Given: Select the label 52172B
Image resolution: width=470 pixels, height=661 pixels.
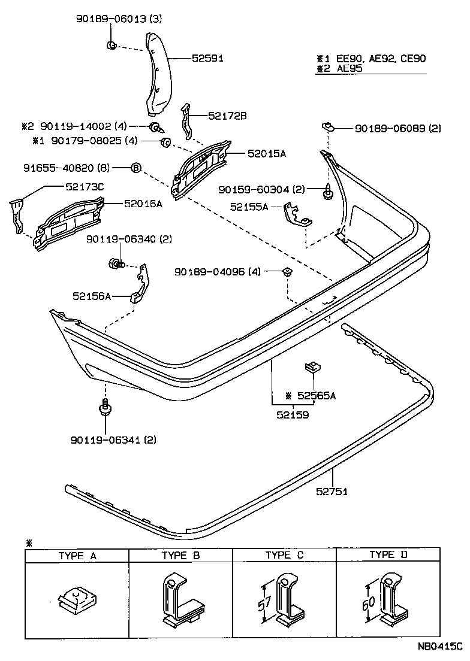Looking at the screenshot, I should click(x=227, y=116).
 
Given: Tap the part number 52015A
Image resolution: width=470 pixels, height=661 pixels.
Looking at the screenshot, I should click(x=267, y=154).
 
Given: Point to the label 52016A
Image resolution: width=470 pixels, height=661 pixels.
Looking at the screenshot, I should click(x=143, y=204).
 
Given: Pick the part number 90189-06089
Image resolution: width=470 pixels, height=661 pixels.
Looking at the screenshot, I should click(x=389, y=128).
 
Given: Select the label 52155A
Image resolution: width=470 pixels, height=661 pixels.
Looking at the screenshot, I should click(x=249, y=207).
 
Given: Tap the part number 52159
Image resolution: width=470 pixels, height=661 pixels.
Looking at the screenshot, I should click(x=293, y=414).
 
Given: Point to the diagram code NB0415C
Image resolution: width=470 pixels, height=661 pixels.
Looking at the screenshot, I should click(x=440, y=647).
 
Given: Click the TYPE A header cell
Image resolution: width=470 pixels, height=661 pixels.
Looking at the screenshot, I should click(x=77, y=556).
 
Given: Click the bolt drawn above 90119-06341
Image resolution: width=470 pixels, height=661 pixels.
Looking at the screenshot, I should click(x=104, y=408).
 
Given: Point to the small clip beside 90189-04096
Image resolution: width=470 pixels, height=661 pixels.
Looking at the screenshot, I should click(x=287, y=272).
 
